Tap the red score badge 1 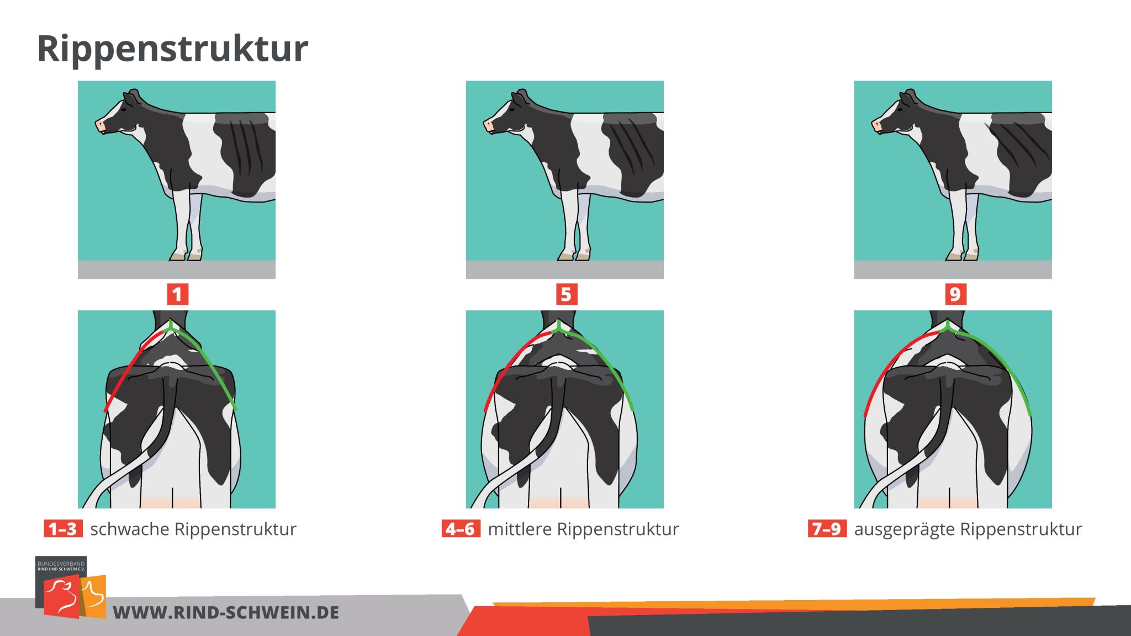(x=177, y=294)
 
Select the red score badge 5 (x=566, y=294)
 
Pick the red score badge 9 (x=955, y=294)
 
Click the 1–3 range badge (x=63, y=529)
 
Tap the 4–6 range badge (x=461, y=529)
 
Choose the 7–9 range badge (x=827, y=529)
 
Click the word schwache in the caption (x=130, y=529)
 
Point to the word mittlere (x=519, y=529)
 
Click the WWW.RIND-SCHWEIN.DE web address (x=226, y=612)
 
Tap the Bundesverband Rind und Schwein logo (x=71, y=587)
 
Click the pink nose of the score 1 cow (x=100, y=126)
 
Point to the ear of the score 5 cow (x=519, y=99)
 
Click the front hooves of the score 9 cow (x=963, y=255)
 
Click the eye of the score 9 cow (x=897, y=110)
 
